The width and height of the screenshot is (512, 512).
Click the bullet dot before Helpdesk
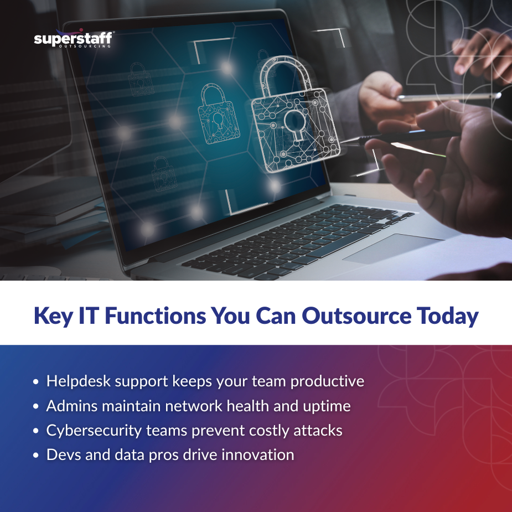tap(36, 382)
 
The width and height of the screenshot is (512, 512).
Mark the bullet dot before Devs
tap(36, 456)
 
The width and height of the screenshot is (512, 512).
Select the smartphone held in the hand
tap(448, 97)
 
